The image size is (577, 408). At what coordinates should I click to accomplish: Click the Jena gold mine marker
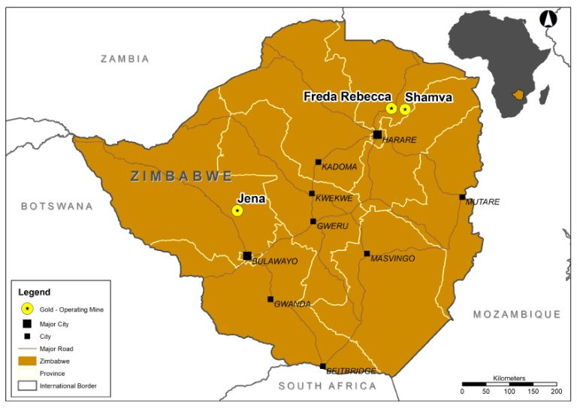pos(237,210)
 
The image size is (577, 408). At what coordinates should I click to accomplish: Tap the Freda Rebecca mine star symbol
pos(391,109)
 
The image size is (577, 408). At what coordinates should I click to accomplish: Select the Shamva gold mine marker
pos(405,109)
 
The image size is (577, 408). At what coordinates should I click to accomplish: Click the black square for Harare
pos(377,134)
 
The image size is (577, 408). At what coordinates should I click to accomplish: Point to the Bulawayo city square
pos(247,255)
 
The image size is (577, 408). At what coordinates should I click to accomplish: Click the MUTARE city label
pos(482,202)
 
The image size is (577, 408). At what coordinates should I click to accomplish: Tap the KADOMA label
pos(339,167)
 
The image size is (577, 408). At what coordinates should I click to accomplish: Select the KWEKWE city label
pos(334,198)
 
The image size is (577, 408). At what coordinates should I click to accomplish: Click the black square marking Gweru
pos(313,222)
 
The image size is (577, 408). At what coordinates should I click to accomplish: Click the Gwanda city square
pos(270,299)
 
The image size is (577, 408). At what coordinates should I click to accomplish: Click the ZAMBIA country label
pos(125,59)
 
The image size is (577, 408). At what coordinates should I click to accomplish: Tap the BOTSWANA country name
pos(57,206)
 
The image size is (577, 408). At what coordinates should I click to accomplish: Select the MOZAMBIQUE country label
pos(516,314)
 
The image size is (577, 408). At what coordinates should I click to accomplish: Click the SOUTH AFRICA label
pos(327,386)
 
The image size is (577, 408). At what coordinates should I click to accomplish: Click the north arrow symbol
pos(548,20)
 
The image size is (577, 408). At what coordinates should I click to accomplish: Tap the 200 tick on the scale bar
pos(556,391)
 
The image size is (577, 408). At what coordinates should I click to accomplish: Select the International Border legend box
pos(27,386)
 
